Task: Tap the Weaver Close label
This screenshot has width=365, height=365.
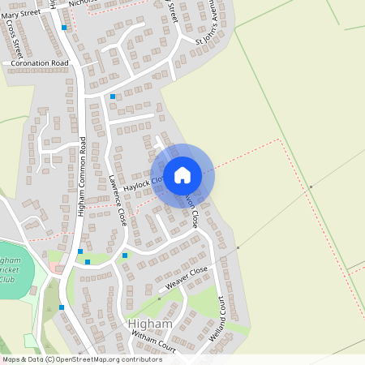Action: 187,279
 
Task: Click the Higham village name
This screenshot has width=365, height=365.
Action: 150,324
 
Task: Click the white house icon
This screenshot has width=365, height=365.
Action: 182,174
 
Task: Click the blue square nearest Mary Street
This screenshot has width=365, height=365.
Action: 63,28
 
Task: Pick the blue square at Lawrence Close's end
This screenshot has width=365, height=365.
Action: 125,255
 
